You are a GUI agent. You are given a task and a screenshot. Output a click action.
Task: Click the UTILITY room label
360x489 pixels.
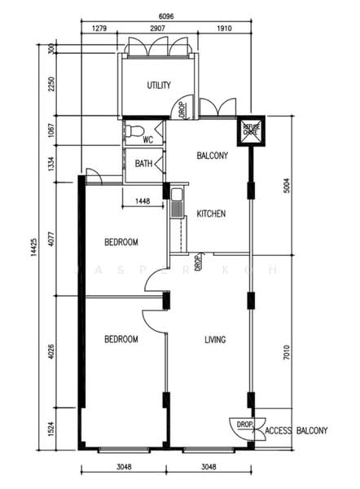pos(158,86)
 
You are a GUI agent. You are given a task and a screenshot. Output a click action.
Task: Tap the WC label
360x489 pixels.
pos(148,139)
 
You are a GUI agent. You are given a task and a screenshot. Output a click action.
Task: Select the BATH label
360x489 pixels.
pos(143,164)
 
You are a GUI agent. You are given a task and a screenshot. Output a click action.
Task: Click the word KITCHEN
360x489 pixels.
pos(211,214)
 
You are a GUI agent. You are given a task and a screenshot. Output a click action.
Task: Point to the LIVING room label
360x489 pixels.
pos(215,339)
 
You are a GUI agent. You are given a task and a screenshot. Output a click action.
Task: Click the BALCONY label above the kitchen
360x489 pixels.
pos(212,155)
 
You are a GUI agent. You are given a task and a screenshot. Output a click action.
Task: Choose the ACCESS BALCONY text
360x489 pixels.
pos(296,430)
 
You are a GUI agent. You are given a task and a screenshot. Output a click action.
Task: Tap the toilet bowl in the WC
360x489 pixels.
pos(134,131)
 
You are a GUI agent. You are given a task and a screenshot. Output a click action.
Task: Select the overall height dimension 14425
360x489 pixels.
pos(33,244)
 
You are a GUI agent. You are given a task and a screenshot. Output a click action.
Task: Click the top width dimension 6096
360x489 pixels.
pos(165,15)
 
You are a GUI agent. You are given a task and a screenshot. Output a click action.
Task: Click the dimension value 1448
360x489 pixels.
pos(142,200)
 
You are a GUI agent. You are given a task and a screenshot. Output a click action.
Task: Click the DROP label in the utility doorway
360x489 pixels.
pos(182,107)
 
